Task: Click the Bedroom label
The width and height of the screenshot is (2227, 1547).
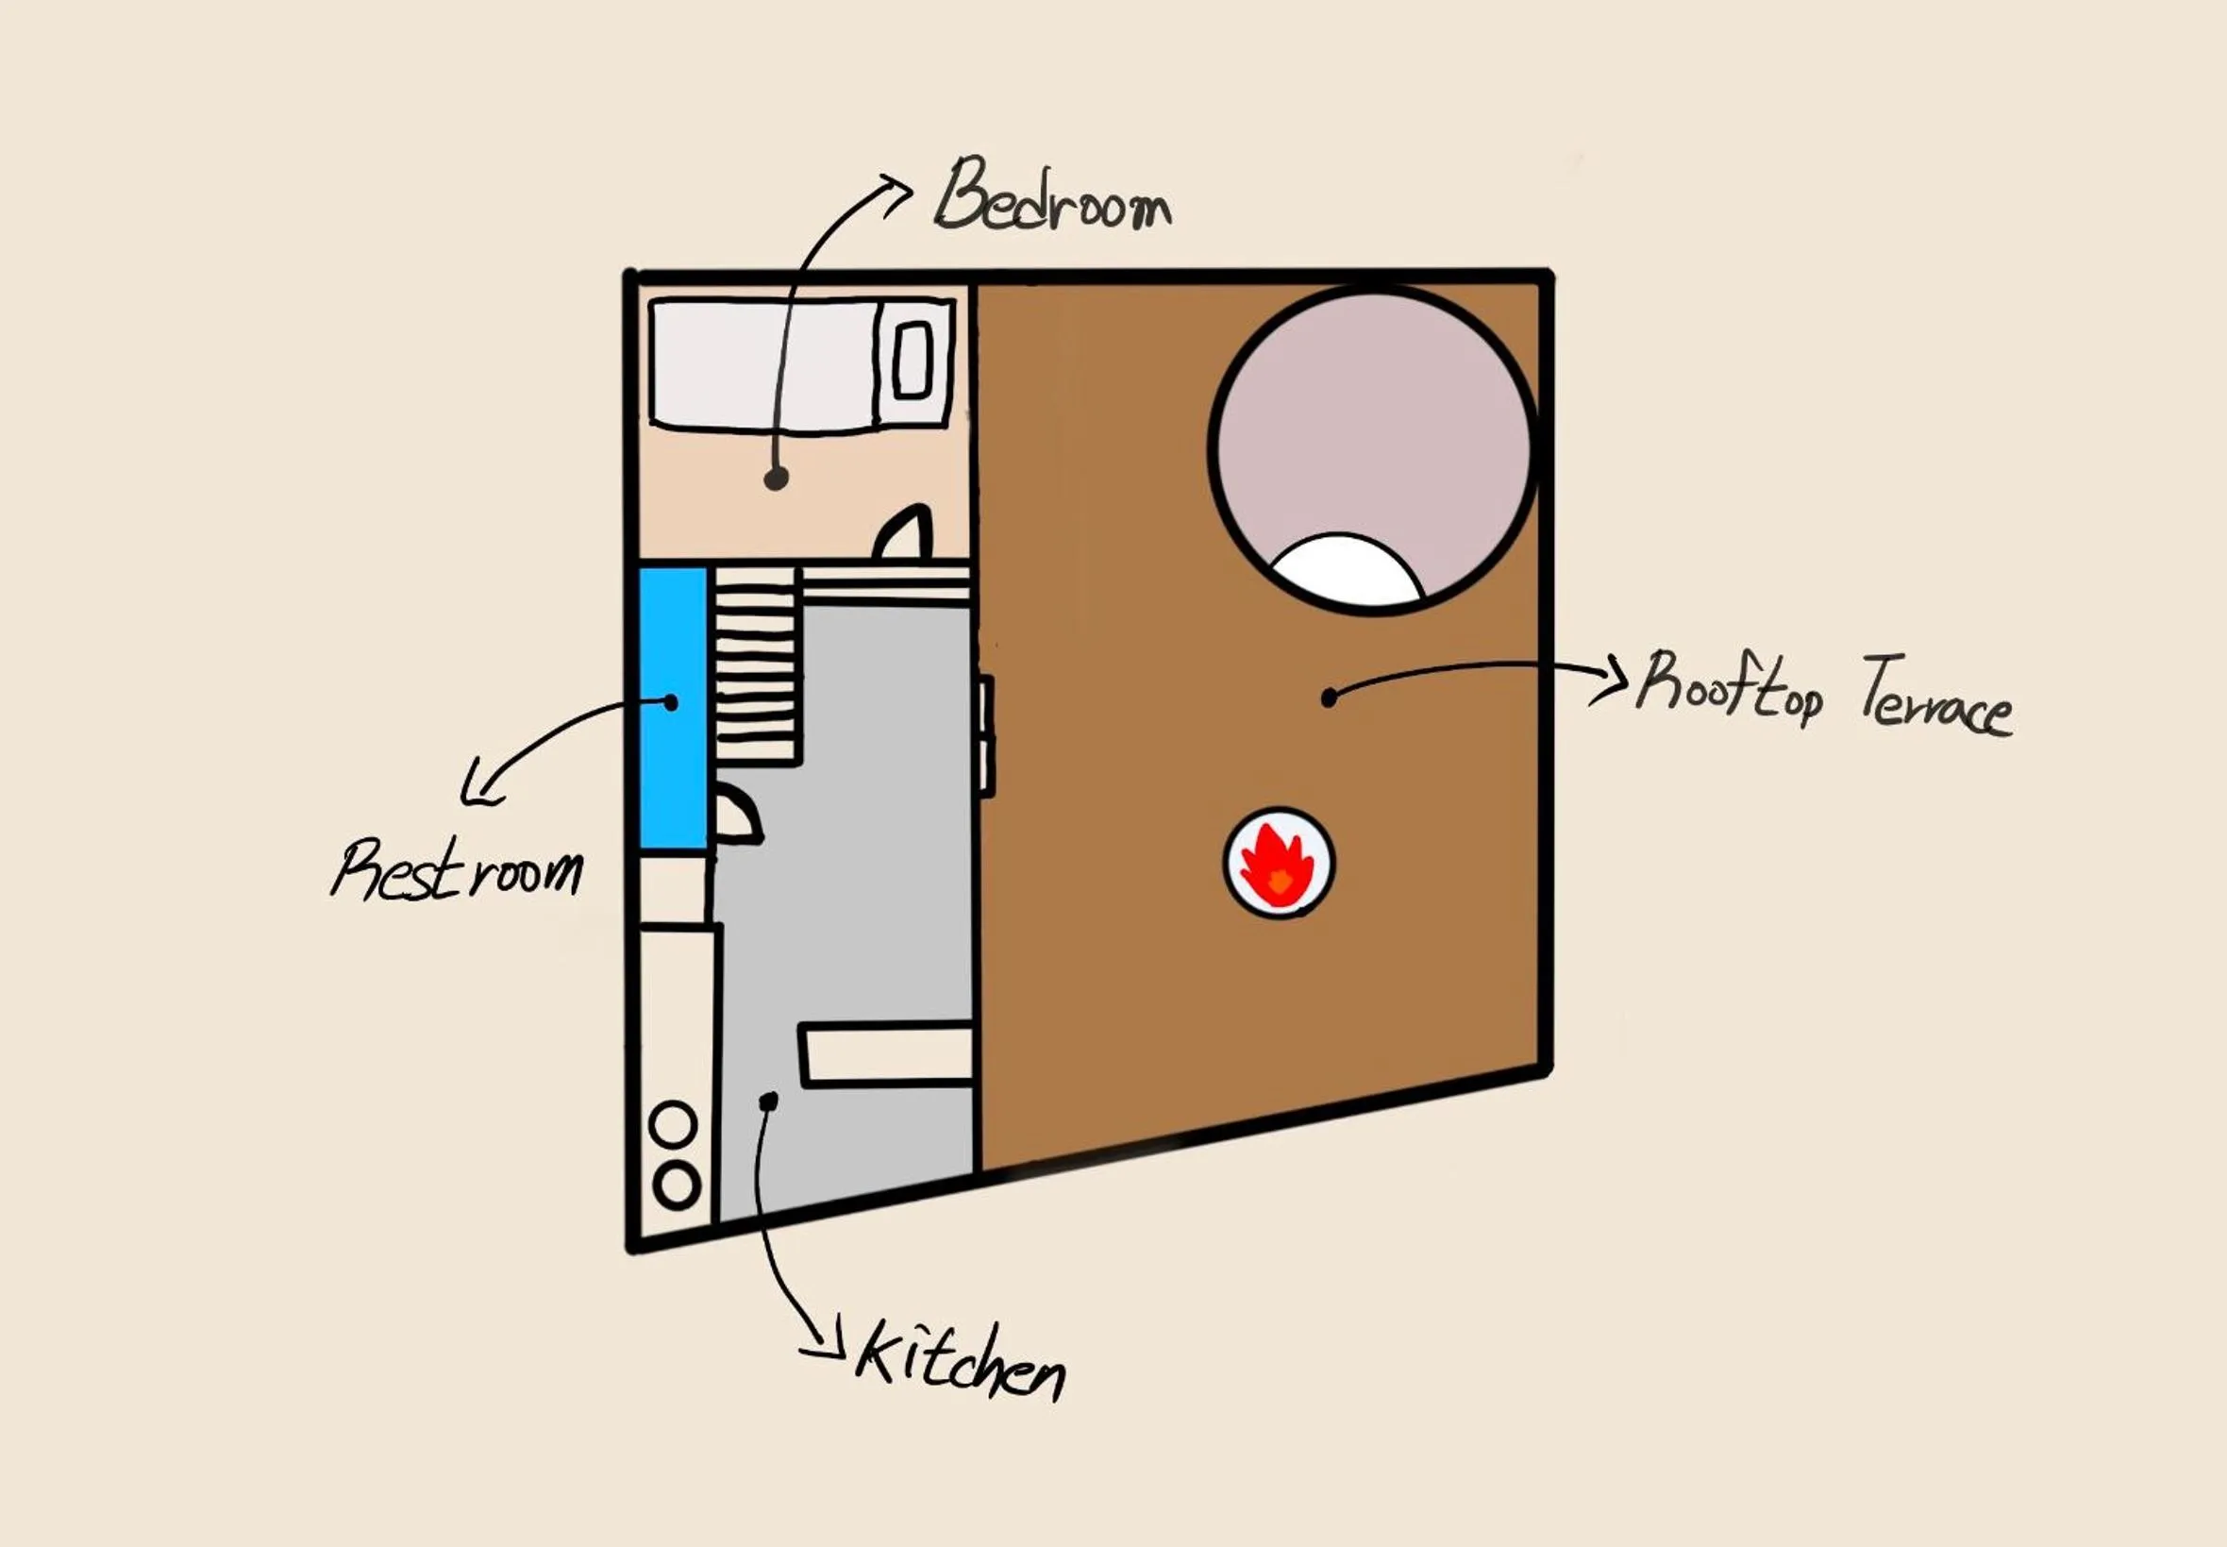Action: tap(1052, 199)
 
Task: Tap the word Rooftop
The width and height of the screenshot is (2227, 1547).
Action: tap(1729, 687)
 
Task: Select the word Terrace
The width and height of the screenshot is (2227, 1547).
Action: tap(1934, 697)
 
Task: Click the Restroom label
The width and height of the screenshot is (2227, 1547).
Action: tap(458, 869)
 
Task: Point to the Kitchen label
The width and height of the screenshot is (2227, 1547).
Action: tap(959, 1360)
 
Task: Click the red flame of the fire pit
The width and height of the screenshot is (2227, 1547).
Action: tap(1278, 865)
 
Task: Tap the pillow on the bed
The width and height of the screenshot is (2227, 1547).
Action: tap(911, 361)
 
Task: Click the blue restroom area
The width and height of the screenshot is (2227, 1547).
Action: tap(672, 708)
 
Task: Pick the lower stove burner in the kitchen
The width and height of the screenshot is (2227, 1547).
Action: tap(676, 1185)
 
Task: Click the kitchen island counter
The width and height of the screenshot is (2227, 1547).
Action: tap(886, 1053)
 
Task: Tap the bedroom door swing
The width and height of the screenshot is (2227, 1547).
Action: tap(906, 533)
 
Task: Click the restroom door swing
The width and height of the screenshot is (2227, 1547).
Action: tap(737, 816)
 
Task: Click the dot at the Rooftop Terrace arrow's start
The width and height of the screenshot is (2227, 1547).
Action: tap(1330, 696)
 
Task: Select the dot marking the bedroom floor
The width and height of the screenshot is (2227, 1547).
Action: tap(775, 478)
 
